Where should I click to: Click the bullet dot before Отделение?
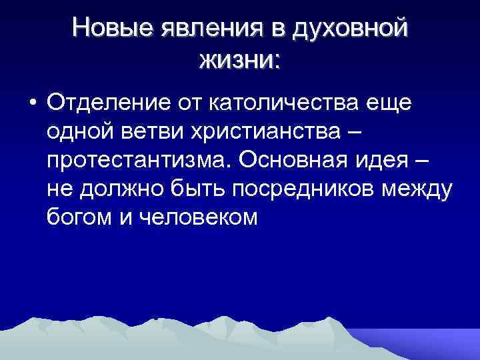coord(32,105)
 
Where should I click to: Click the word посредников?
coord(304,189)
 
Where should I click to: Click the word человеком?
coord(198,218)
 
